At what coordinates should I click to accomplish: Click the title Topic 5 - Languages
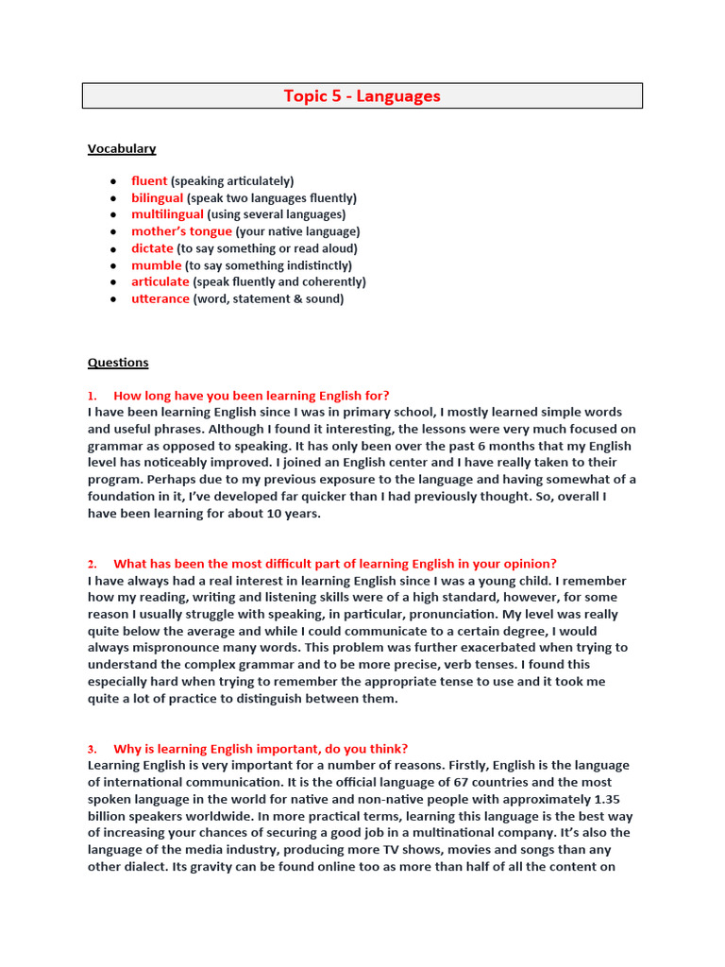tap(362, 96)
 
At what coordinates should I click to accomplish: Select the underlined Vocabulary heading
tap(122, 148)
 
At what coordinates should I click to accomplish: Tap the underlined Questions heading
tap(118, 363)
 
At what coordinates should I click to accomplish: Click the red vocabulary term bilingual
tap(157, 198)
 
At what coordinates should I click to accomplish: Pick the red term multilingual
tap(167, 214)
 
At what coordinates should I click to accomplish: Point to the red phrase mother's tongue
tap(181, 231)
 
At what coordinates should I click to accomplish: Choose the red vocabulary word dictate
tap(152, 248)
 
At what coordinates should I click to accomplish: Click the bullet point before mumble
tap(112, 265)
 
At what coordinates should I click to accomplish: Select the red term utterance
tap(160, 299)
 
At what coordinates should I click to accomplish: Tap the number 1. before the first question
tap(93, 396)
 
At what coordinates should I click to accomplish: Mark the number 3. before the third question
tap(93, 749)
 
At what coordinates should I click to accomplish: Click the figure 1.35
tap(615, 800)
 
